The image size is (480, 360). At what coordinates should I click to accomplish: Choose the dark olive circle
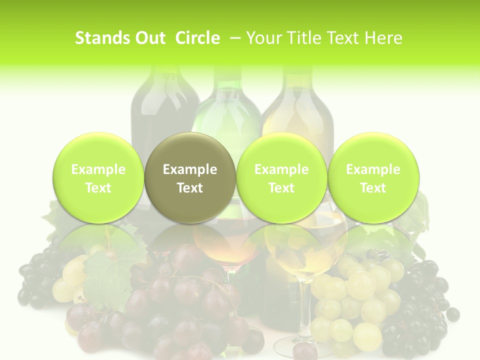[190, 177]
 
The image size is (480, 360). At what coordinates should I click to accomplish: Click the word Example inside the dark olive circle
[190, 169]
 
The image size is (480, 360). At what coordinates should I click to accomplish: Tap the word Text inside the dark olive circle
[190, 188]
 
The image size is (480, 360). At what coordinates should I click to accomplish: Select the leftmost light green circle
[98, 177]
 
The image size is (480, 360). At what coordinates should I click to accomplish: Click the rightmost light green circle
[373, 177]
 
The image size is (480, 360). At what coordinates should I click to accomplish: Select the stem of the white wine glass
[303, 310]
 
